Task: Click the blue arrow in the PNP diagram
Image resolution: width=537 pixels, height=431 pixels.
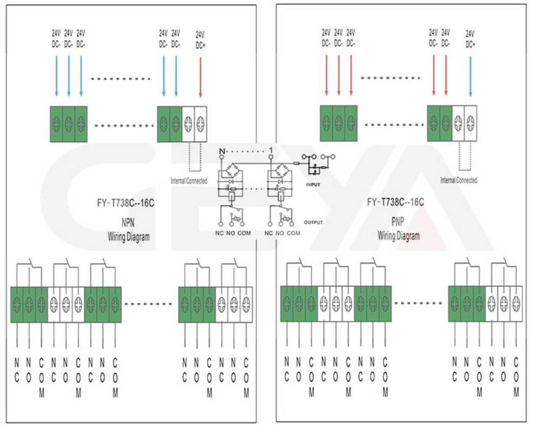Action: tap(470, 77)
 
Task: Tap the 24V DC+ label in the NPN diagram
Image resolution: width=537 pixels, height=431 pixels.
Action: tap(201, 39)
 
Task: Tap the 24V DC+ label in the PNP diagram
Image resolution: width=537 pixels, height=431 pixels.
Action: tap(470, 39)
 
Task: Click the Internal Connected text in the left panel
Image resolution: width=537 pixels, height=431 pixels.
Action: tap(189, 181)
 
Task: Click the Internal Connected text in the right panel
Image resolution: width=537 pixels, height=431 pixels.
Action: tap(459, 180)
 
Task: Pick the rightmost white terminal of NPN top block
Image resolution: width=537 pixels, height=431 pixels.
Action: tap(201, 123)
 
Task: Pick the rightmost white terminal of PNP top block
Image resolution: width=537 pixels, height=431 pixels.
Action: tap(470, 121)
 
